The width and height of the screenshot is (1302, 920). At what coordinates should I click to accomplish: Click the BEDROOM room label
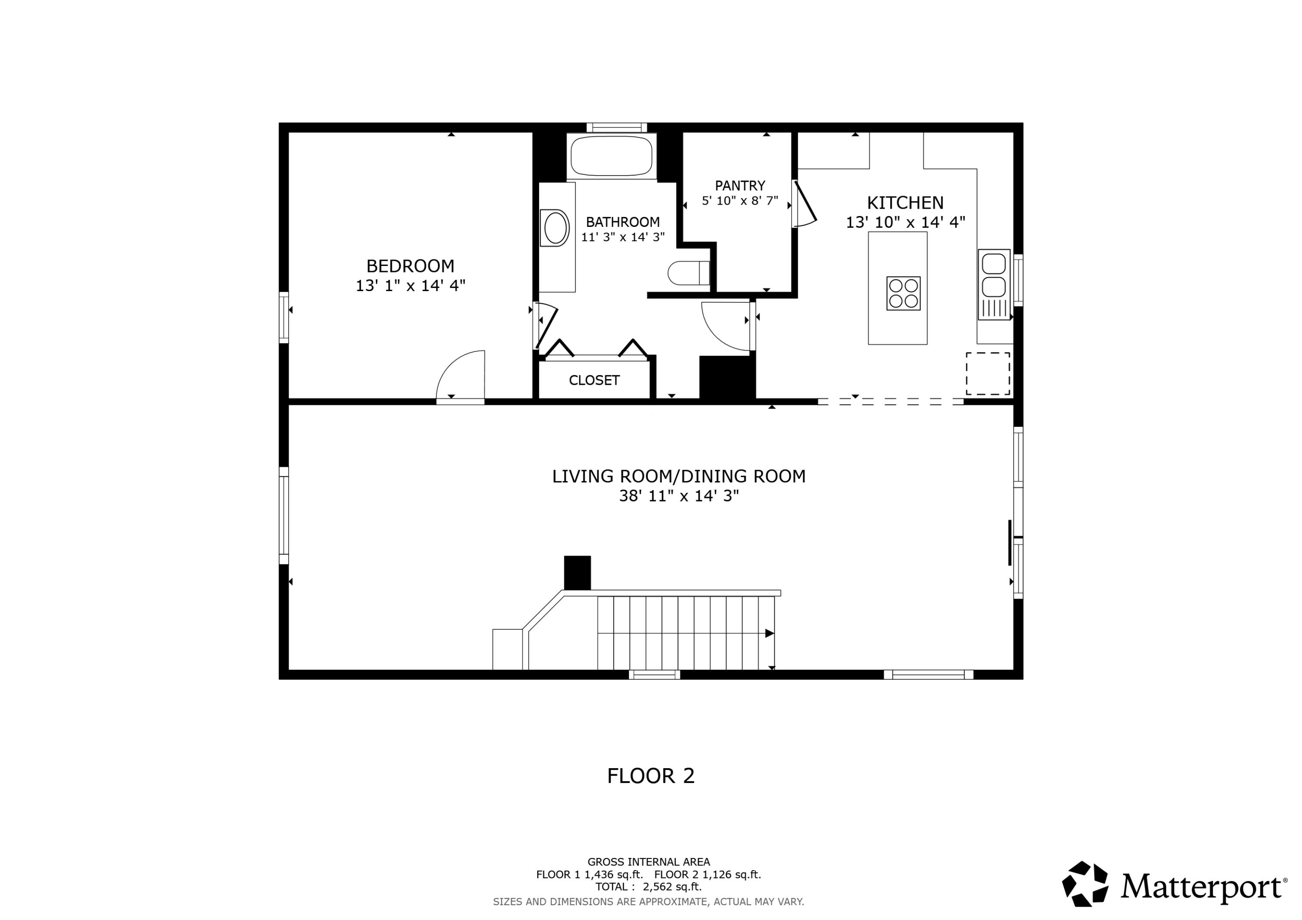coord(410,266)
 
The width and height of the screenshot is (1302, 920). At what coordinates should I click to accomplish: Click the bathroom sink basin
coord(556,228)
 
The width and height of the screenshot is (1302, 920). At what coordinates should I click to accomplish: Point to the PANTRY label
coord(740,185)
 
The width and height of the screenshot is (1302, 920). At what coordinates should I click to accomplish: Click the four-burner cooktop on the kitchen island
coord(903,293)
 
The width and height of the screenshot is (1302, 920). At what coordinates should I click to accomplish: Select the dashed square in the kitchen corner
coord(988,373)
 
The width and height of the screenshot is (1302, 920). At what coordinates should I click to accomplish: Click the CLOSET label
coord(594,380)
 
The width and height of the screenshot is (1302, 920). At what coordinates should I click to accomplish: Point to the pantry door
coord(804,203)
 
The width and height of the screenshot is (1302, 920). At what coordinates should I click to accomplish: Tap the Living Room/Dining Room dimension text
coord(678,496)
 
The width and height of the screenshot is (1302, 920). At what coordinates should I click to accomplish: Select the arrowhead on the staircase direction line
coord(769,633)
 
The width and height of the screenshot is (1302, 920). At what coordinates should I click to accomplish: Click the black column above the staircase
coord(577,573)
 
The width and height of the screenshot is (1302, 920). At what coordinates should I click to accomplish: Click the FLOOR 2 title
coord(651,776)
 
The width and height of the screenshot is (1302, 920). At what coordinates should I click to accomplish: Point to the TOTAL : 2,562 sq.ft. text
coord(648,887)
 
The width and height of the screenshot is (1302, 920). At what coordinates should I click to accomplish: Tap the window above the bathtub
coord(616,128)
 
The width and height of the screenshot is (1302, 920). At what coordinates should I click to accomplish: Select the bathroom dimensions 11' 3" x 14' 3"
coord(623,237)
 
